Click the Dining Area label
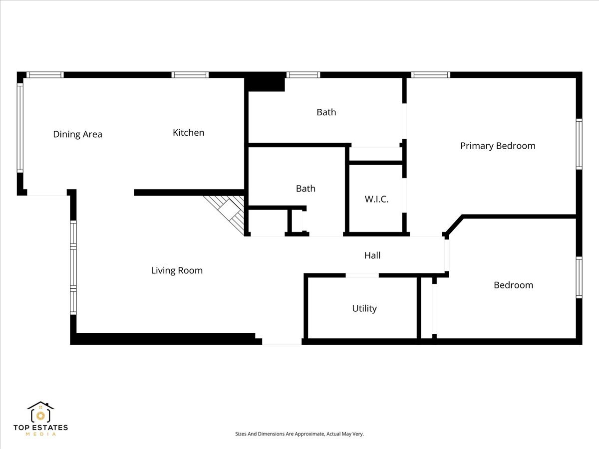[x=77, y=134]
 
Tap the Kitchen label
[x=188, y=133]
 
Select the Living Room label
[x=177, y=270]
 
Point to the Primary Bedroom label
[x=497, y=146]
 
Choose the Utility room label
[x=364, y=308]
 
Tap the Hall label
[x=372, y=255]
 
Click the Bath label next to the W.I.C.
[x=305, y=189]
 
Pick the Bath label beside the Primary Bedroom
[x=326, y=112]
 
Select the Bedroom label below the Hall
[x=513, y=285]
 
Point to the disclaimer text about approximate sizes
[x=299, y=434]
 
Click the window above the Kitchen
[x=190, y=75]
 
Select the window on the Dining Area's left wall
[x=20, y=128]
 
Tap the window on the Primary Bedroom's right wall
[x=579, y=144]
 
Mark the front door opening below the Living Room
[x=282, y=342]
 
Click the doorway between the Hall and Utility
[x=362, y=275]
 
